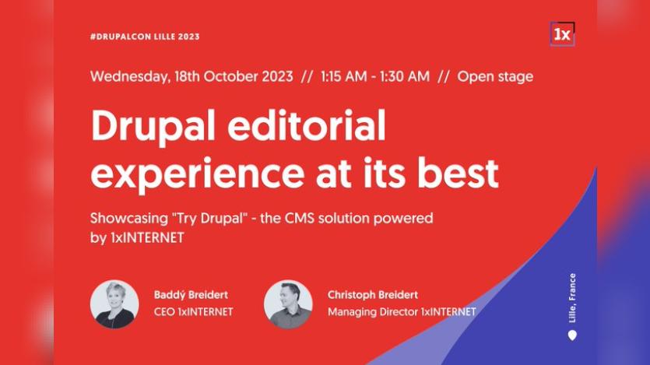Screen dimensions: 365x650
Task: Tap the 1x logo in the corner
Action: coord(561,34)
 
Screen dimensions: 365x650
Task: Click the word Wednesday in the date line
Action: coord(127,76)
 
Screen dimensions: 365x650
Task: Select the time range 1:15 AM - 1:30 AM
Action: coord(374,76)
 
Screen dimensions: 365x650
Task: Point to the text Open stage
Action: coord(495,76)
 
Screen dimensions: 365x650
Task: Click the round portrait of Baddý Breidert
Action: coord(114,304)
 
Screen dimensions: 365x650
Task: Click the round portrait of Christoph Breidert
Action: coord(288,304)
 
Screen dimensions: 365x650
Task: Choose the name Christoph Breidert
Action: coord(373,295)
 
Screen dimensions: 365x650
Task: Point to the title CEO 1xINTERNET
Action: coord(193,312)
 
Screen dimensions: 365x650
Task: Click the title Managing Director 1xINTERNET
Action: coord(402,312)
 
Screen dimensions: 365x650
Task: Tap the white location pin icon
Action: coord(573,335)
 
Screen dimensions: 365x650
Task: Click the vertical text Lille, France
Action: coord(573,298)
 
